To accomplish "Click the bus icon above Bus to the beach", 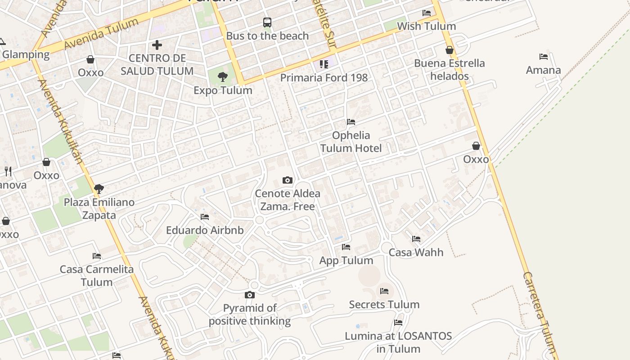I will [267, 22].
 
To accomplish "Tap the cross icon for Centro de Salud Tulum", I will [157, 45].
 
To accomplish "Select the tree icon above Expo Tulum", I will [223, 77].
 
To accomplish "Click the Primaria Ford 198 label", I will [324, 77].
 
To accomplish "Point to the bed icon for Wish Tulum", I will [427, 13].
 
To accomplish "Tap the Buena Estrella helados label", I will [450, 69].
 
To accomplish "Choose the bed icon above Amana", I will [544, 57].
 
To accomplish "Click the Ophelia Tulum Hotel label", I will [351, 142].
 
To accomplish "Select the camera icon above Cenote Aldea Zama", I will [288, 180].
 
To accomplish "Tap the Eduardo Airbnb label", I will [205, 230].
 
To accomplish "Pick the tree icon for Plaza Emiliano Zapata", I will [99, 189].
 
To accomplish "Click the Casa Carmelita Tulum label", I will [97, 275].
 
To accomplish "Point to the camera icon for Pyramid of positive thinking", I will [250, 295].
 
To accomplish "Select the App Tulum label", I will [346, 260].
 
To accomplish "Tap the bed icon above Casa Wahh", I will [416, 239].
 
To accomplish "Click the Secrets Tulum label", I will [384, 304].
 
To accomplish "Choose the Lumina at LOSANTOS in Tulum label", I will [398, 342].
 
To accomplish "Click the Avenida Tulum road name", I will [101, 34].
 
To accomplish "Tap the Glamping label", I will [26, 54].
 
